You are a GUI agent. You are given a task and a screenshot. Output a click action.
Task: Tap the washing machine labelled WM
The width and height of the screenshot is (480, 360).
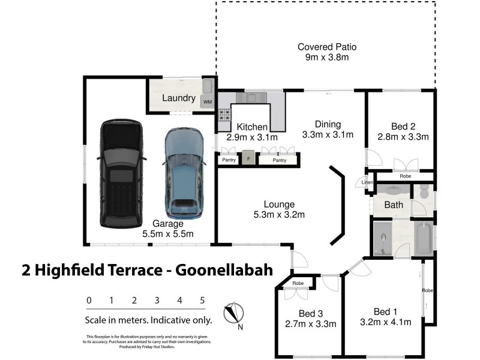click(208, 102)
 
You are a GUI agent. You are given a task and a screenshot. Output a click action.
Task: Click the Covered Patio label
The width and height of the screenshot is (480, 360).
click(327, 47)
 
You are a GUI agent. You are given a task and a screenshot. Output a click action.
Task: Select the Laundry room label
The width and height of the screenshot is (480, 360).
click(179, 98)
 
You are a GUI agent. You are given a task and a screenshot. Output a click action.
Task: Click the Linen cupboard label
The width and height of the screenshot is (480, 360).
click(367, 182)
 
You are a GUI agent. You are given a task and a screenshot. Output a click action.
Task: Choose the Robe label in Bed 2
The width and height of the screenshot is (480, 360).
click(406, 176)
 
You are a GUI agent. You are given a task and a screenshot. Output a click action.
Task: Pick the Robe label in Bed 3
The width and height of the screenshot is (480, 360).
click(298, 283)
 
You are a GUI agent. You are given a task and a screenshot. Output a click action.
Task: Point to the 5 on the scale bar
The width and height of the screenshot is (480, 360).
click(202, 300)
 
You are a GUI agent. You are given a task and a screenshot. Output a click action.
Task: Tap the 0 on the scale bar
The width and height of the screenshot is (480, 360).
click(89, 300)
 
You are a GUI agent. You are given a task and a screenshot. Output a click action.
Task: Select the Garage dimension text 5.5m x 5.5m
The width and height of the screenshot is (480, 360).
click(167, 234)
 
